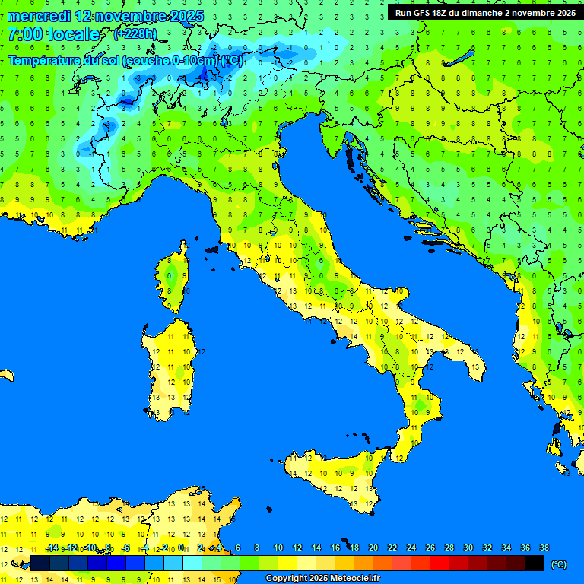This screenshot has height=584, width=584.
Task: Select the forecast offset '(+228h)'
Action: coord(135,33)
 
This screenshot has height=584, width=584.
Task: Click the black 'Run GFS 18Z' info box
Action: coord(484,12)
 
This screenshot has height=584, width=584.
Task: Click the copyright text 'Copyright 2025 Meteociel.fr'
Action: coord(322,578)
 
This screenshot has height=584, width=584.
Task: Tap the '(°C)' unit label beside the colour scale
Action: coord(558,563)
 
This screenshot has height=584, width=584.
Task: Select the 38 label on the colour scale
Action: coord(544,547)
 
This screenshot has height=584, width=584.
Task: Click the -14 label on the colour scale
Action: coord(52,547)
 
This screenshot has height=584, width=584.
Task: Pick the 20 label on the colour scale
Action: coord(373,547)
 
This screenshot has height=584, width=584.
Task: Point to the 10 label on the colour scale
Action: coord(278,547)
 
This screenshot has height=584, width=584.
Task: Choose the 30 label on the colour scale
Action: coord(468,547)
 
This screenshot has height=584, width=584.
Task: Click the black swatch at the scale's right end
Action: coord(535,563)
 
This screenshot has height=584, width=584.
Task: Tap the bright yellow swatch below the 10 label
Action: coord(287,563)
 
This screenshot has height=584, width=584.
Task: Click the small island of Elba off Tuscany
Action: coord(211,249)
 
